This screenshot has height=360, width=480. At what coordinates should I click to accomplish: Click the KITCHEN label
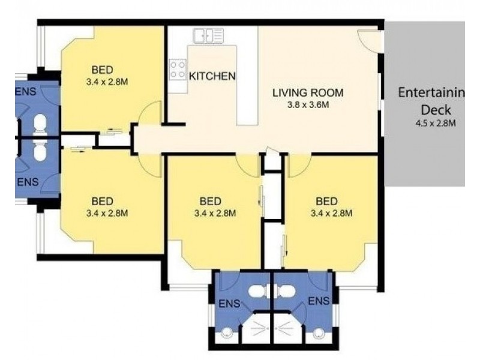pos(212,76)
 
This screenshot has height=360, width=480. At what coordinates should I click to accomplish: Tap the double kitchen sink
pos(208,35)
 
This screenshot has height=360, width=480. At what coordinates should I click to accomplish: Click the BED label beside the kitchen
pos(103,68)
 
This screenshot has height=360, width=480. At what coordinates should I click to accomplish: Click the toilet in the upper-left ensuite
pos(40,124)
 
